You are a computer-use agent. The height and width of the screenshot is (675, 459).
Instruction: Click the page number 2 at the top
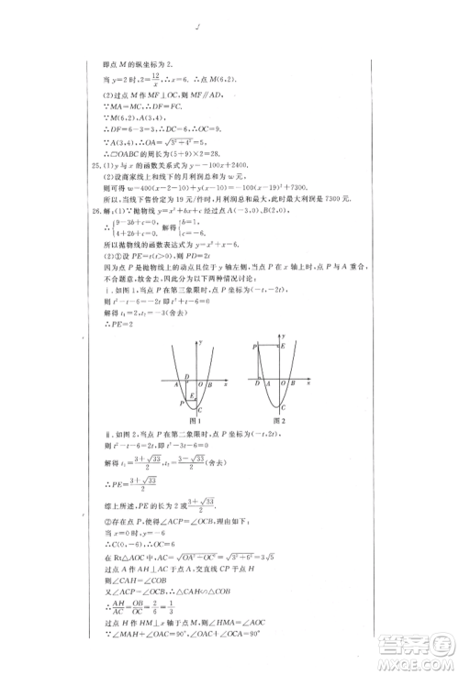[x=197, y=28]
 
